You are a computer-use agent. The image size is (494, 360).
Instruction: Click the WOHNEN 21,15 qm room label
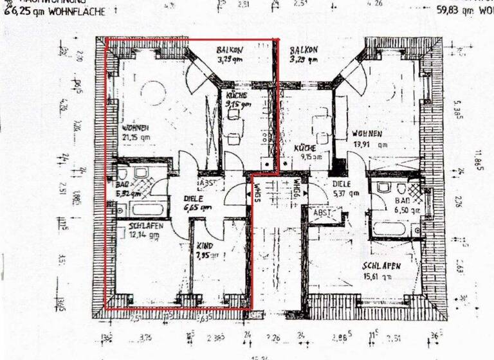pos(136,131)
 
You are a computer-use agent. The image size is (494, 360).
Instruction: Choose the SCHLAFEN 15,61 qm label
pos(383,271)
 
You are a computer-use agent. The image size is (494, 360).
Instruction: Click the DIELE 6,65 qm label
pos(197,203)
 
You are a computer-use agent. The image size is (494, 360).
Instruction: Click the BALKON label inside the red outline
pos(229,54)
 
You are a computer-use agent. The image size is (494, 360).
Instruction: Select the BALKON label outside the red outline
pos(303,54)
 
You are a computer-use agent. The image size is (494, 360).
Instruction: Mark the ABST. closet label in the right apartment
pos(322,212)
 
